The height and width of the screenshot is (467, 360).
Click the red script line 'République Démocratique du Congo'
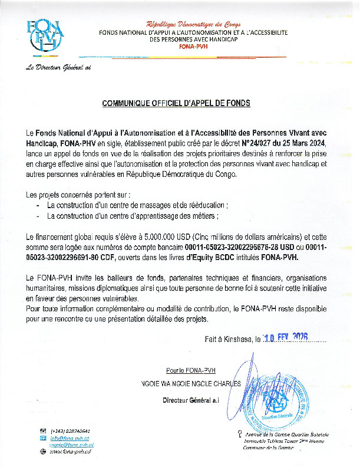click(193, 24)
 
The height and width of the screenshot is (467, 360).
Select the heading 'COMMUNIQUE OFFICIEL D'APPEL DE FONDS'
click(176, 103)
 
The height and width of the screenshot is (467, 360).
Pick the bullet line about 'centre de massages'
click(136, 205)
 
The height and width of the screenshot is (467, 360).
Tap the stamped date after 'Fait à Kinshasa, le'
click(286, 339)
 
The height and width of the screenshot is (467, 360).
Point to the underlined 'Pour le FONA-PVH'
click(191, 370)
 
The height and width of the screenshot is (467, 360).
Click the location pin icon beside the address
click(238, 434)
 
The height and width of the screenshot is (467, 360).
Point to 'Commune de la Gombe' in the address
click(267, 448)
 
